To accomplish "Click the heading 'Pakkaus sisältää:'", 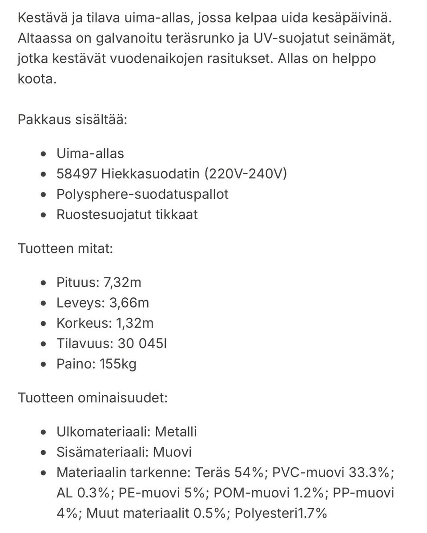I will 73,120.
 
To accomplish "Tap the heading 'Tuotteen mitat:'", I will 65,248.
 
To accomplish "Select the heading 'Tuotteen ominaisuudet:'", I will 93,397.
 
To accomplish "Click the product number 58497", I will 77,174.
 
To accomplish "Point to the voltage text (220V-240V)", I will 245,174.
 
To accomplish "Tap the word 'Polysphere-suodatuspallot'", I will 142,194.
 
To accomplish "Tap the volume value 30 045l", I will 142,344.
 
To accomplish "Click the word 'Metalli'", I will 175,432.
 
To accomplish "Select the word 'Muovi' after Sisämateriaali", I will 172,452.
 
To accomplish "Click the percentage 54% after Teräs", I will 249,473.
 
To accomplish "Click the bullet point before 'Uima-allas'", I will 43,154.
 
